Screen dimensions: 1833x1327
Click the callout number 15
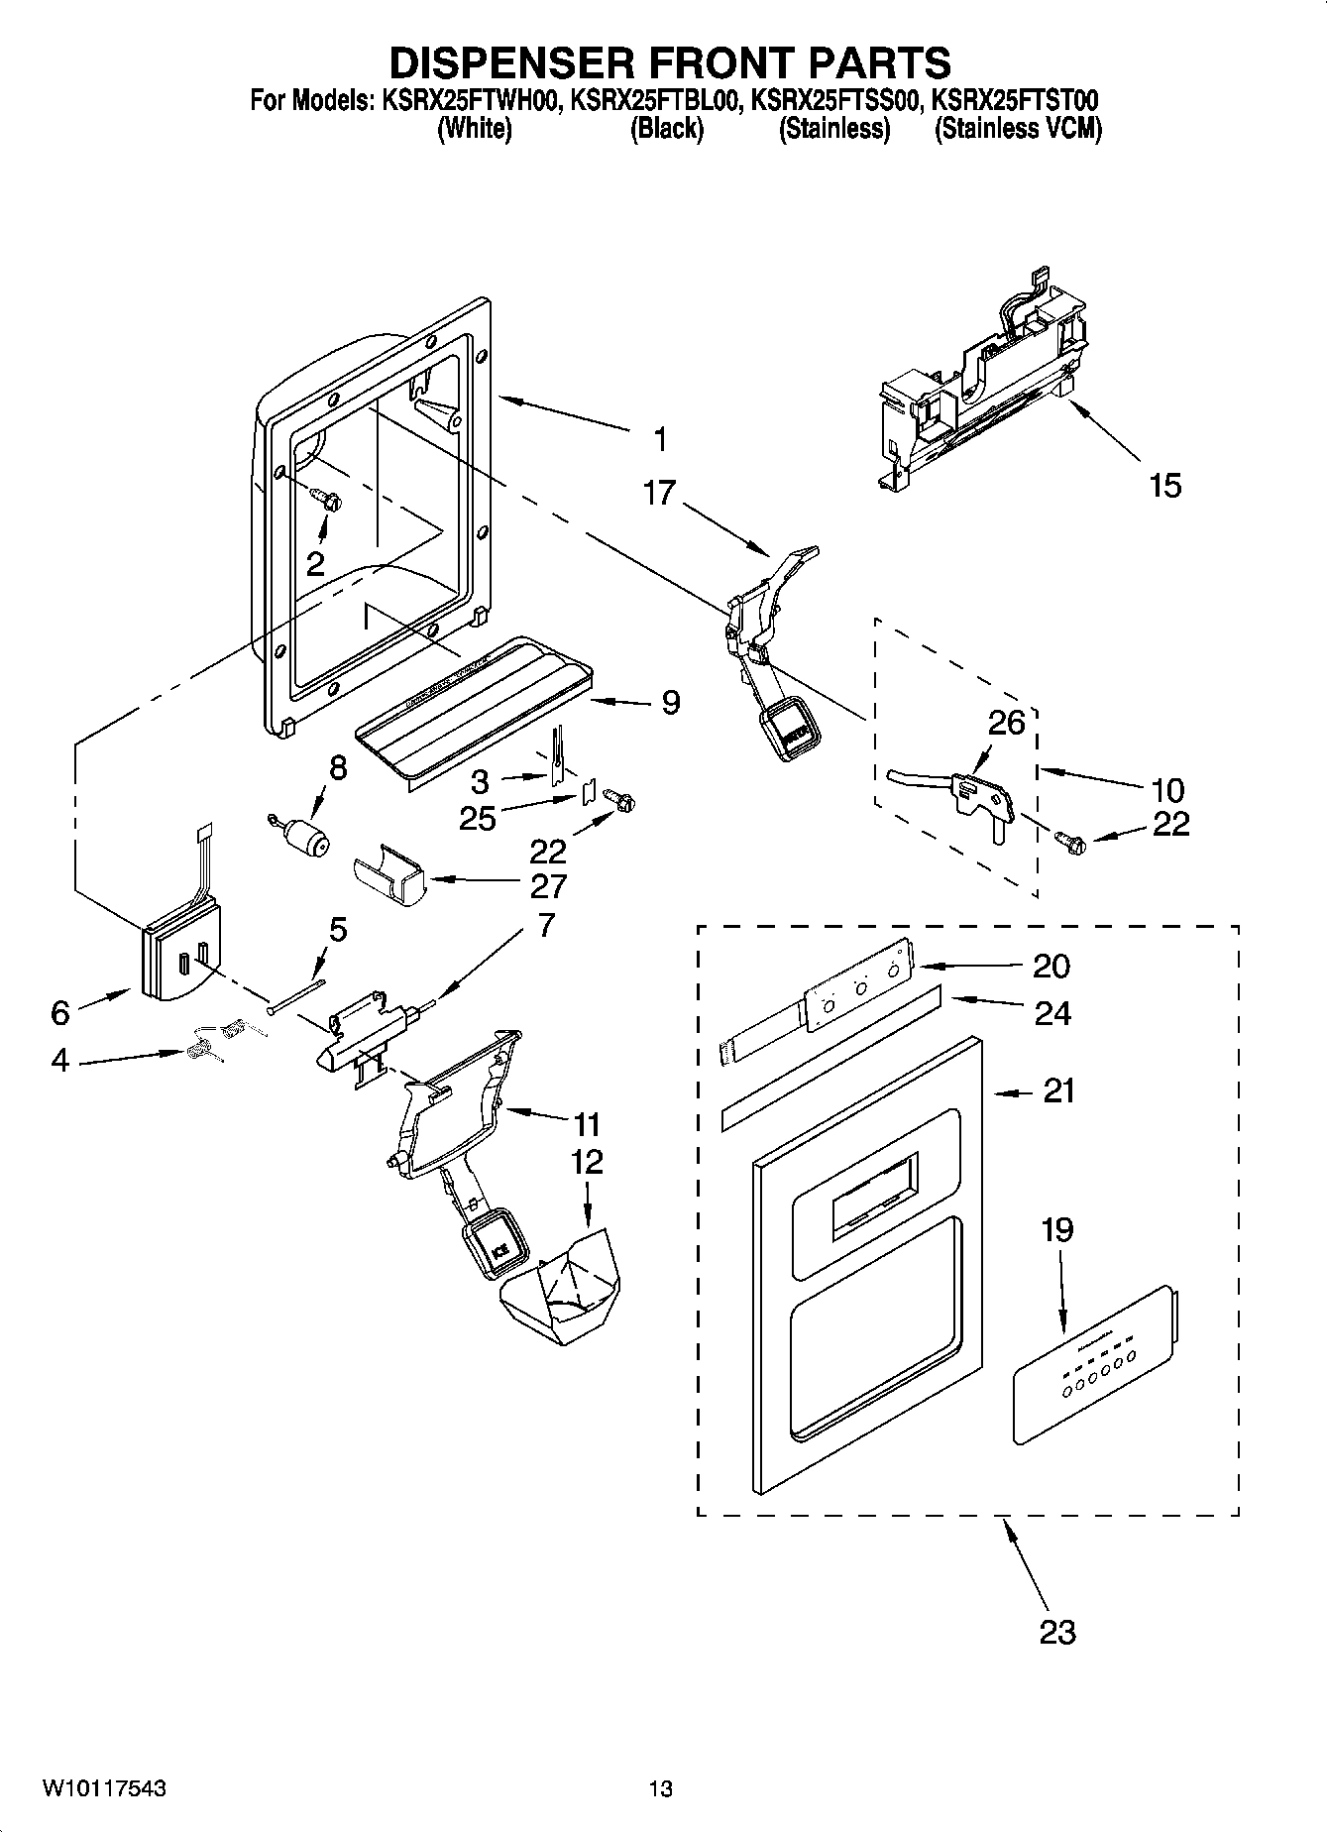[1165, 486]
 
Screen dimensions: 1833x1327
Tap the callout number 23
[1057, 1631]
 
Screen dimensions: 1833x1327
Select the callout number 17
[659, 493]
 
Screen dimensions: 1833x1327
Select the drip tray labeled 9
[476, 709]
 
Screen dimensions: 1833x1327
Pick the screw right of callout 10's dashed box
[1074, 845]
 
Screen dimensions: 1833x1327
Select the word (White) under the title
[475, 129]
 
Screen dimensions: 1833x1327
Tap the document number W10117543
[103, 1789]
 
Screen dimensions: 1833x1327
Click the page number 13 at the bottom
[661, 1789]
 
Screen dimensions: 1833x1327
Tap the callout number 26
[1006, 722]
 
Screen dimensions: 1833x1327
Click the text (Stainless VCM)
[1018, 129]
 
